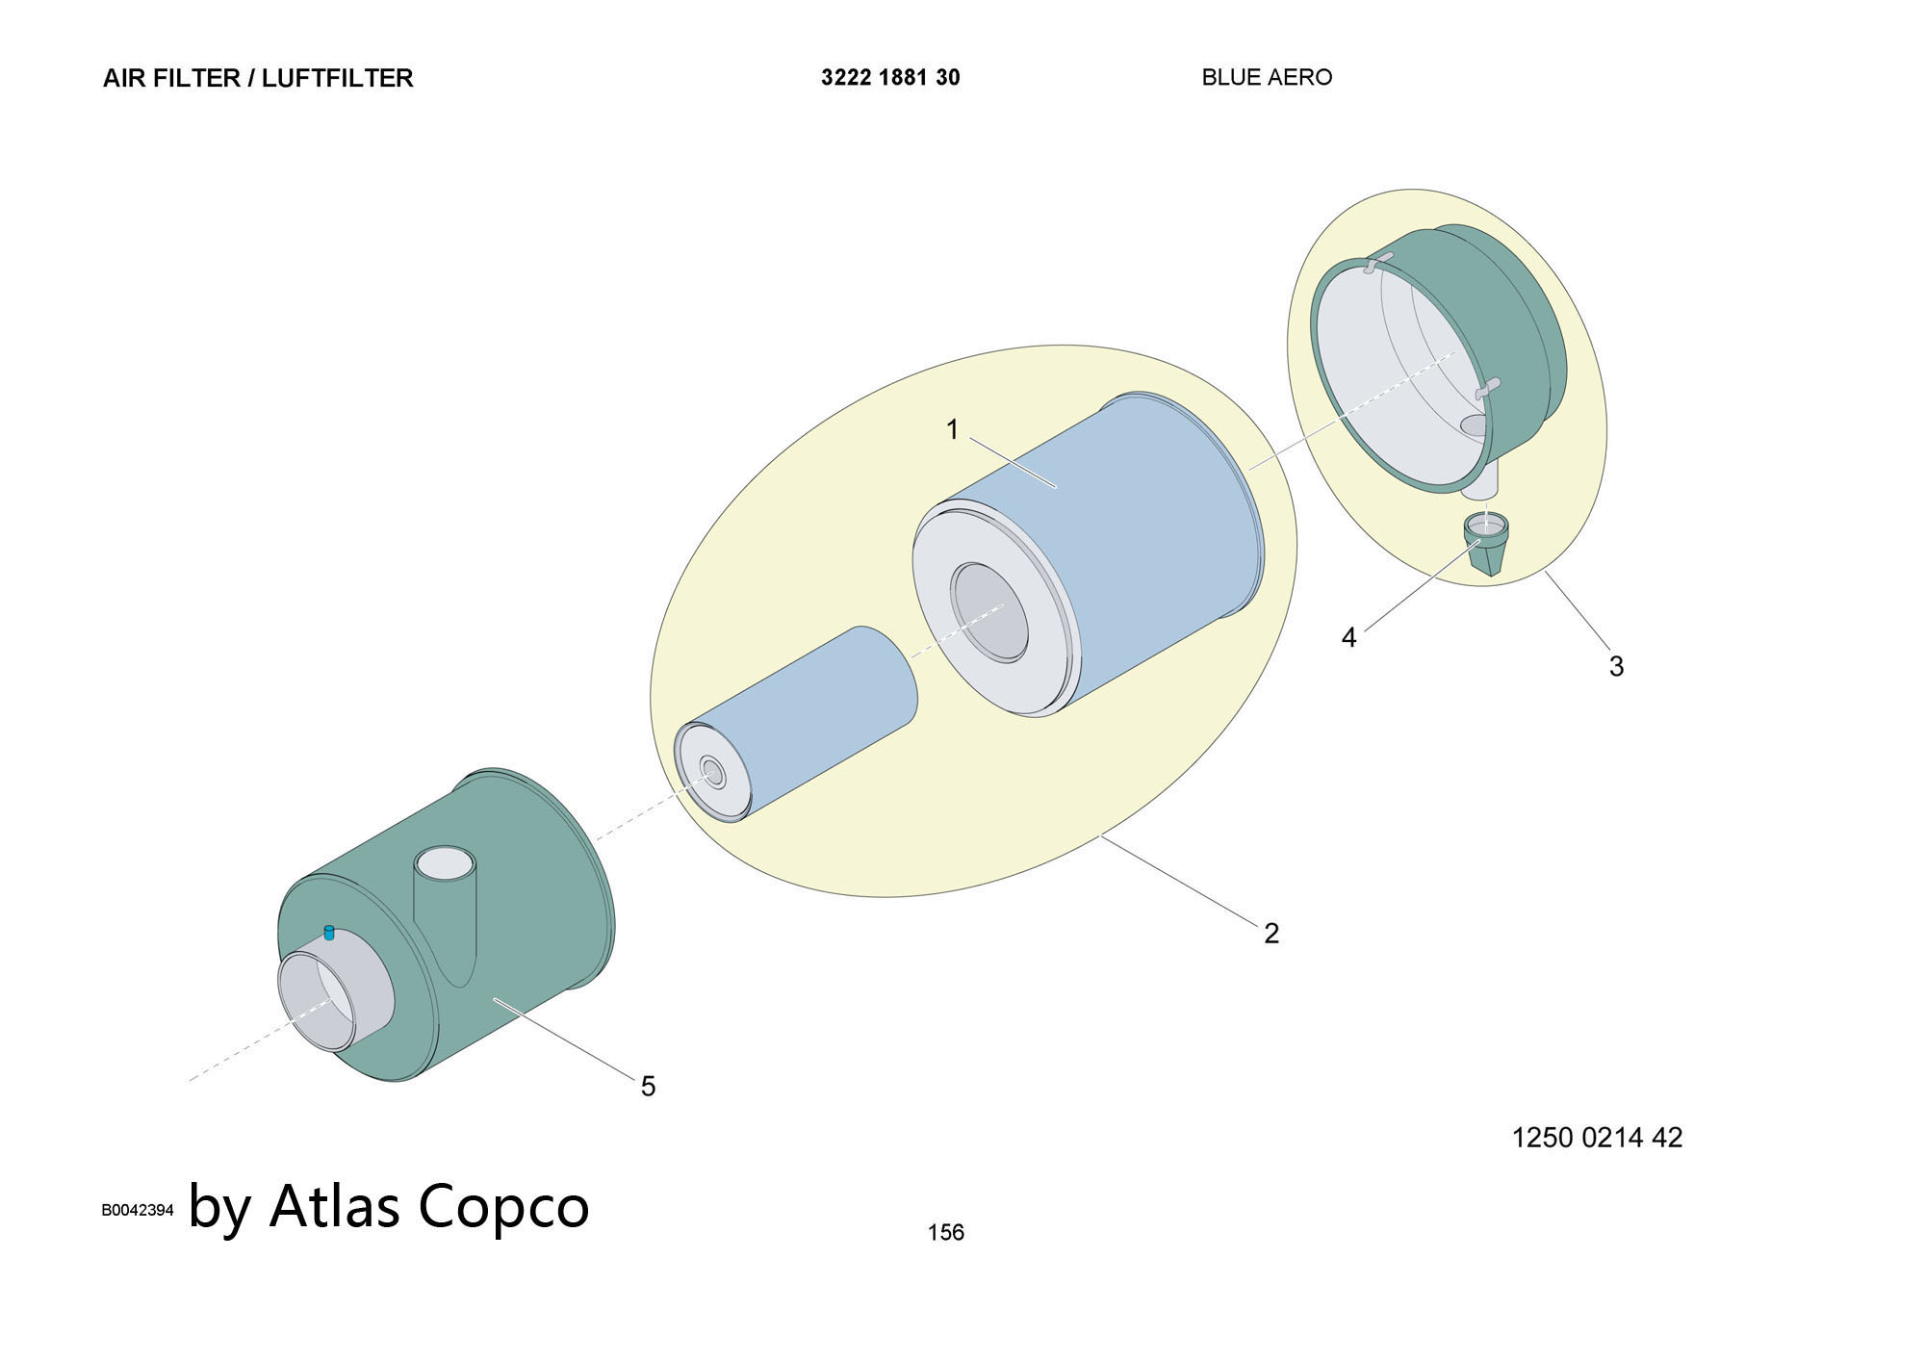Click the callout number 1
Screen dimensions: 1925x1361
953,429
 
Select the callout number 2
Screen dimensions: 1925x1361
1271,933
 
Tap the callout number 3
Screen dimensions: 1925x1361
1616,666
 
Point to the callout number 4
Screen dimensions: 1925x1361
1348,637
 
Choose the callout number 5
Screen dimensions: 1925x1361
648,1087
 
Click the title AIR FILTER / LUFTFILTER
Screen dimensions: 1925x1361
258,78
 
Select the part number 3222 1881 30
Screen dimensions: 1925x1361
890,77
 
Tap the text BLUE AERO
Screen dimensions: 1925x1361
1267,77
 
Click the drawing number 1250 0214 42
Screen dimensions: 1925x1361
1597,1138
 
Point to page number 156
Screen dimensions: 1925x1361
945,1232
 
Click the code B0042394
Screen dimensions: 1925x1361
138,1210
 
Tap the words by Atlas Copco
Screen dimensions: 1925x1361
389,1207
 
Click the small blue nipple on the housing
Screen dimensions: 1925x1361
329,932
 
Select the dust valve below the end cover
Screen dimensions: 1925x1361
1486,545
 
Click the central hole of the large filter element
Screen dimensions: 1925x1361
989,612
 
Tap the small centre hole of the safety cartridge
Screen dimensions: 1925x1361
713,772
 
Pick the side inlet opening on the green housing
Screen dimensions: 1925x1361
445,863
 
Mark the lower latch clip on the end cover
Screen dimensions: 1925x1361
1488,388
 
